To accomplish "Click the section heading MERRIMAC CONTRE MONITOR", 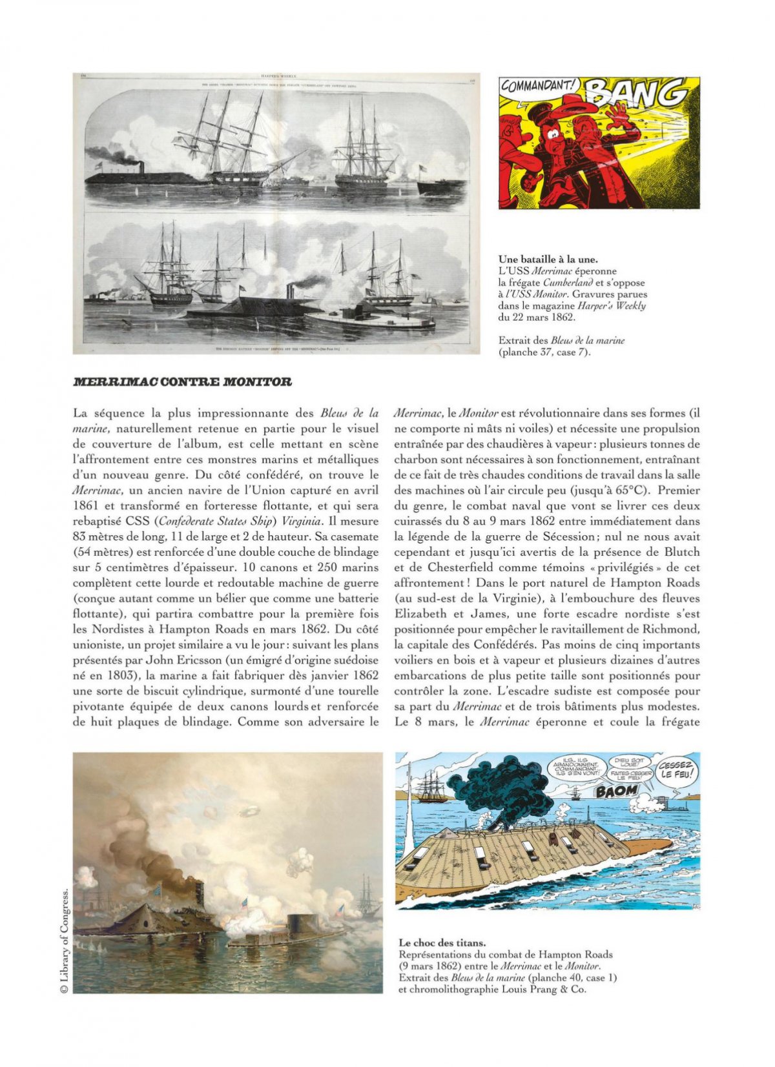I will [x=182, y=381].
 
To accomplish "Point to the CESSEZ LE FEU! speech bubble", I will [x=676, y=770].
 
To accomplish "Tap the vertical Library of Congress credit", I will [x=65, y=942].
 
